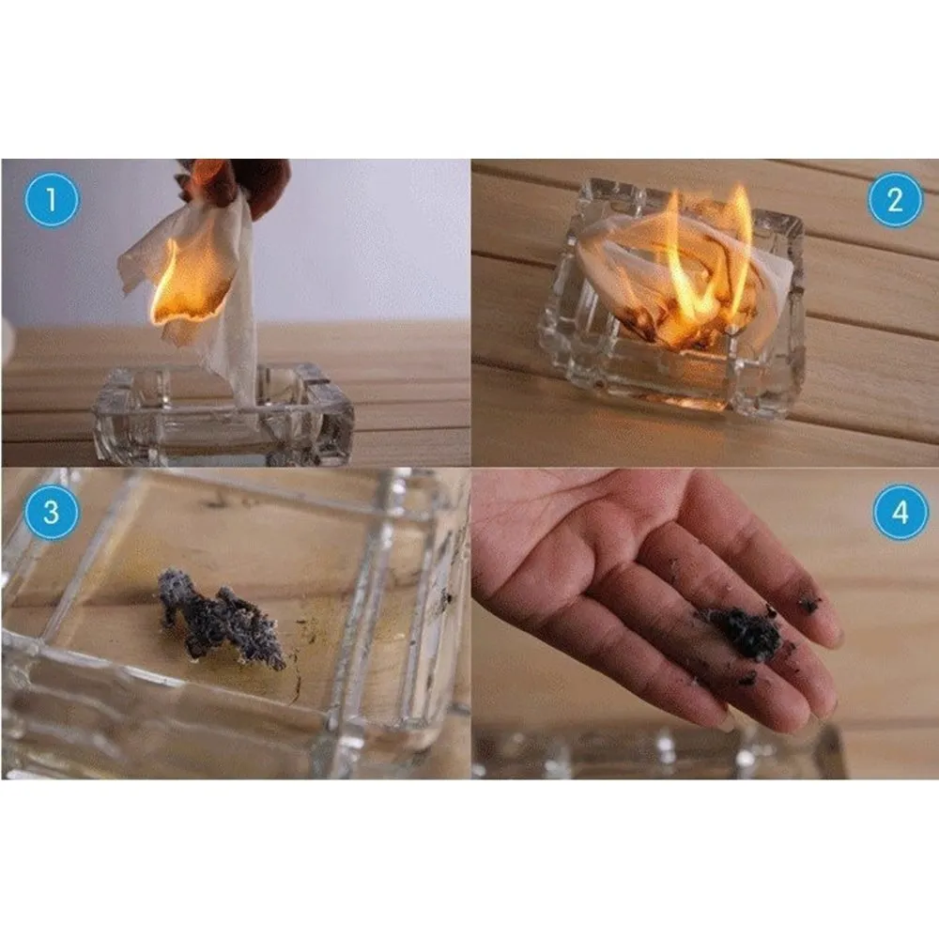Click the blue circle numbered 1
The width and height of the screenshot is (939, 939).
[x=52, y=199]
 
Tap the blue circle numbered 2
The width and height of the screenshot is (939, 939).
[x=895, y=199]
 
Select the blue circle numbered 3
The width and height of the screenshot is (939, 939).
[x=52, y=512]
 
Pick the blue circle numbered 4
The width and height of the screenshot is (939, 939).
[x=901, y=512]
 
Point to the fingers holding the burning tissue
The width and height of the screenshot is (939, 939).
[x=239, y=179]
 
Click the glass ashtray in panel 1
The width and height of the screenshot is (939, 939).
[x=223, y=414]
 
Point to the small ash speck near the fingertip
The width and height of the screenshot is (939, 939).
[x=809, y=604]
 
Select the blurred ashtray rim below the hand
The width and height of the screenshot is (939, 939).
[x=659, y=751]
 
